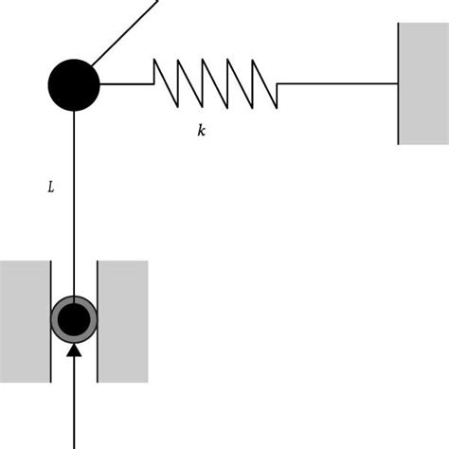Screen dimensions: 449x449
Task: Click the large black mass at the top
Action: [74, 84]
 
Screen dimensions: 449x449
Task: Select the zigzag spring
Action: [215, 84]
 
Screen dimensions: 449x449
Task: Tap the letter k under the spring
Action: [201, 132]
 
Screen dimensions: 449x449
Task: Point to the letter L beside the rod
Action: [51, 188]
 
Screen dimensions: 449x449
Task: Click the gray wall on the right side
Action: [422, 83]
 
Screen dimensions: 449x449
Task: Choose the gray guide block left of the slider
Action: [25, 322]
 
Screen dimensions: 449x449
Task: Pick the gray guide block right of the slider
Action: [124, 322]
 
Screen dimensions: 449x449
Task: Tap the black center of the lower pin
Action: [74, 319]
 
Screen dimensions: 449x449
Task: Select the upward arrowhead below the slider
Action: [74, 350]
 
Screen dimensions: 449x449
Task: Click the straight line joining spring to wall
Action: [336, 84]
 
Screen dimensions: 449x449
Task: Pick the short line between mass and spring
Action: [126, 84]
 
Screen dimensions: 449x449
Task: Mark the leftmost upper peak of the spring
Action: [154, 62]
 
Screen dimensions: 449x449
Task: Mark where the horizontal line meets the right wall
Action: [398, 84]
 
